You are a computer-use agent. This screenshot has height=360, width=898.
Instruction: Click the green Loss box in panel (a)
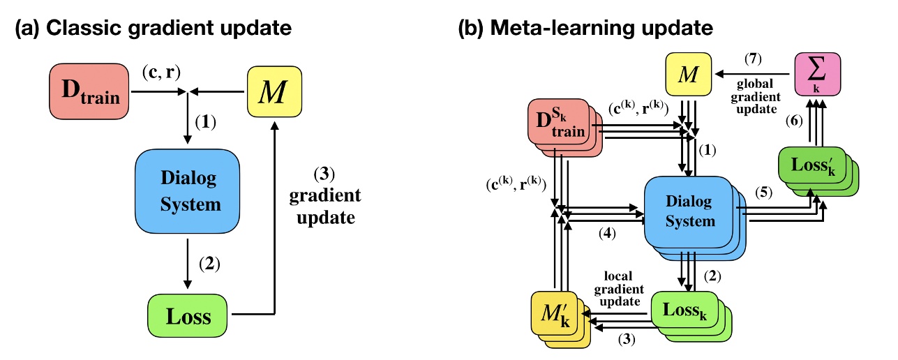tap(189, 317)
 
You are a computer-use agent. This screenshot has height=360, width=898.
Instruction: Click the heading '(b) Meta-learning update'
tap(584, 29)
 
